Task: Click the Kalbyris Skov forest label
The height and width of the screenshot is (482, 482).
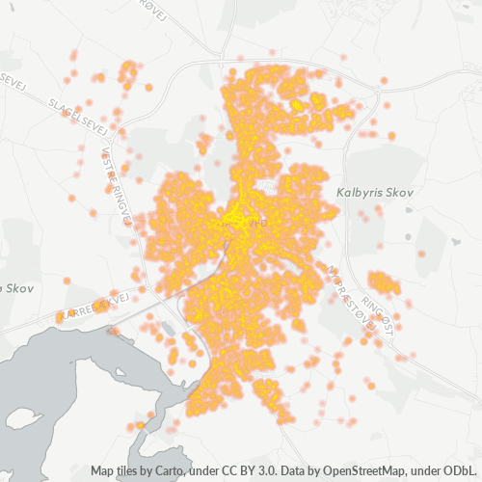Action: coord(375,194)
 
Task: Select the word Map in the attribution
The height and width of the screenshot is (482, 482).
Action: coord(103,471)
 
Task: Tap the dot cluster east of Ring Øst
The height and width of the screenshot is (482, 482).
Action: coord(384,282)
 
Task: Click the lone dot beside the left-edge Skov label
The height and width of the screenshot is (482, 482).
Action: coord(67,281)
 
